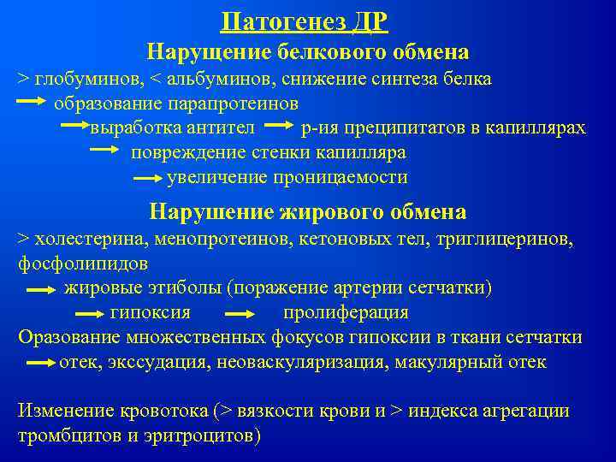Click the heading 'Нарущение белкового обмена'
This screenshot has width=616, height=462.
(308, 52)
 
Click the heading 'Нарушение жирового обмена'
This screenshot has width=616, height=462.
(308, 211)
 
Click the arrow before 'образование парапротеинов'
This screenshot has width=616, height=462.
(33, 103)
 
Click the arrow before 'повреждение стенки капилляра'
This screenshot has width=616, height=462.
(105, 151)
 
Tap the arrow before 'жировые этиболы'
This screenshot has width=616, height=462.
(41, 289)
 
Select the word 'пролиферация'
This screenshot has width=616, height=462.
(346, 312)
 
